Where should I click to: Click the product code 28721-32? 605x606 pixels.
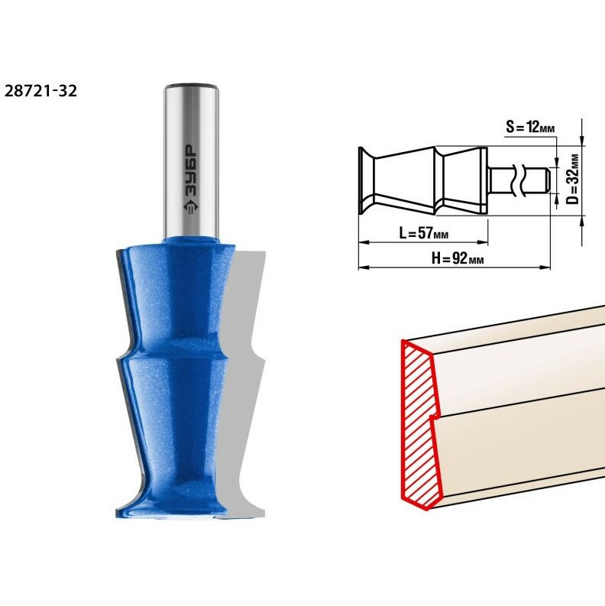pyautogui.click(x=40, y=90)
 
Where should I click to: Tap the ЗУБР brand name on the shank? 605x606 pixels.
pyautogui.click(x=190, y=172)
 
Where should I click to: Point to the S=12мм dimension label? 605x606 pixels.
pyautogui.click(x=530, y=126)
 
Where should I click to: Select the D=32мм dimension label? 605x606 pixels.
pyautogui.click(x=574, y=179)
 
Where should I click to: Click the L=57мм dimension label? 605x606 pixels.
pyautogui.click(x=423, y=233)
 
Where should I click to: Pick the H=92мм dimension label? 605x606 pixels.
pyautogui.click(x=457, y=258)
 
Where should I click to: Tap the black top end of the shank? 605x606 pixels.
pyautogui.click(x=191, y=86)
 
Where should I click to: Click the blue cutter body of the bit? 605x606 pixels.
pyautogui.click(x=175, y=359)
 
